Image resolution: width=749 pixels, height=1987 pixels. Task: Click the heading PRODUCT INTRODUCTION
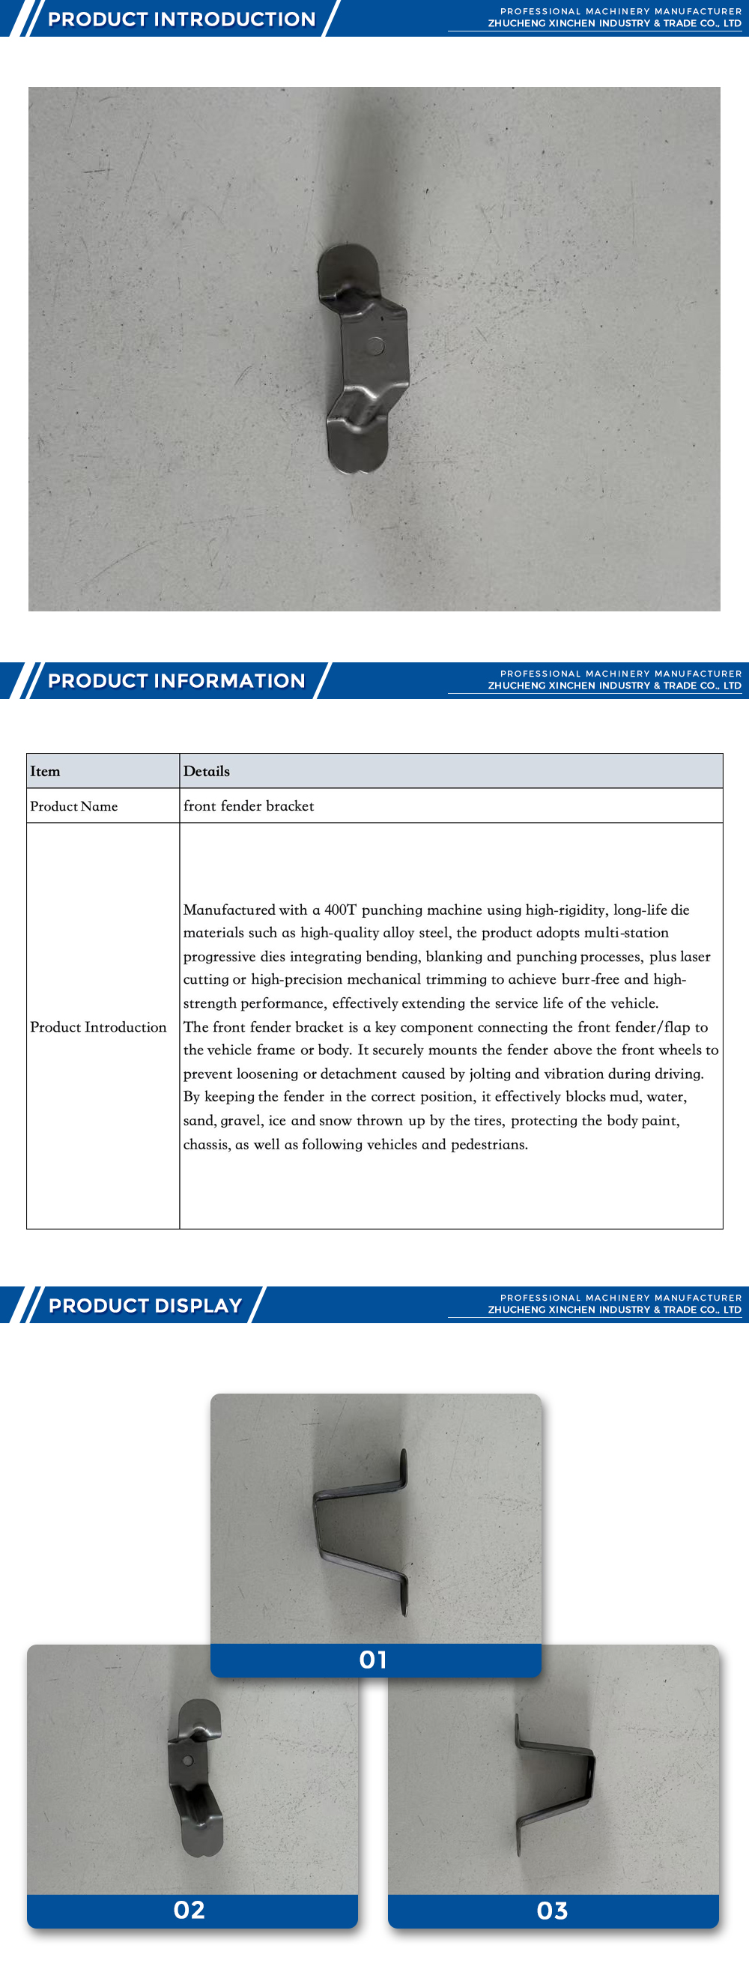click(181, 19)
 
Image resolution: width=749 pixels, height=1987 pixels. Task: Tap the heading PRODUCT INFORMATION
click(176, 680)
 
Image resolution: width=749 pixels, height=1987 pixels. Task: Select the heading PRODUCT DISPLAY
click(145, 1305)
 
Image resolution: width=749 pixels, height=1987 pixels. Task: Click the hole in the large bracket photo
click(375, 345)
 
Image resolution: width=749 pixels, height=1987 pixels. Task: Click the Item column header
click(46, 770)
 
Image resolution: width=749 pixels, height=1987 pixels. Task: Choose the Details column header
click(206, 770)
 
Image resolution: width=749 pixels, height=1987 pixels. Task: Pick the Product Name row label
click(74, 806)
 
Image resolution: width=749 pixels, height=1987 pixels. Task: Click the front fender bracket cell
click(249, 806)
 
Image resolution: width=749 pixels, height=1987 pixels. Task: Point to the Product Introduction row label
click(98, 1026)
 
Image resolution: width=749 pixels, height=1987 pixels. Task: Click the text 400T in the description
click(340, 910)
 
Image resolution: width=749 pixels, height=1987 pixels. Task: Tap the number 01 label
click(373, 1659)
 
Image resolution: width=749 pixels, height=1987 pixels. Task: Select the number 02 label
click(189, 1909)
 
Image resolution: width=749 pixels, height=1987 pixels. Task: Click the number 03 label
click(552, 1910)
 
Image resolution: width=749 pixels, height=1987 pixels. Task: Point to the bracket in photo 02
click(198, 1782)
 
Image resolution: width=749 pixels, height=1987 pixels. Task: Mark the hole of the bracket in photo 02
click(187, 1760)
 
